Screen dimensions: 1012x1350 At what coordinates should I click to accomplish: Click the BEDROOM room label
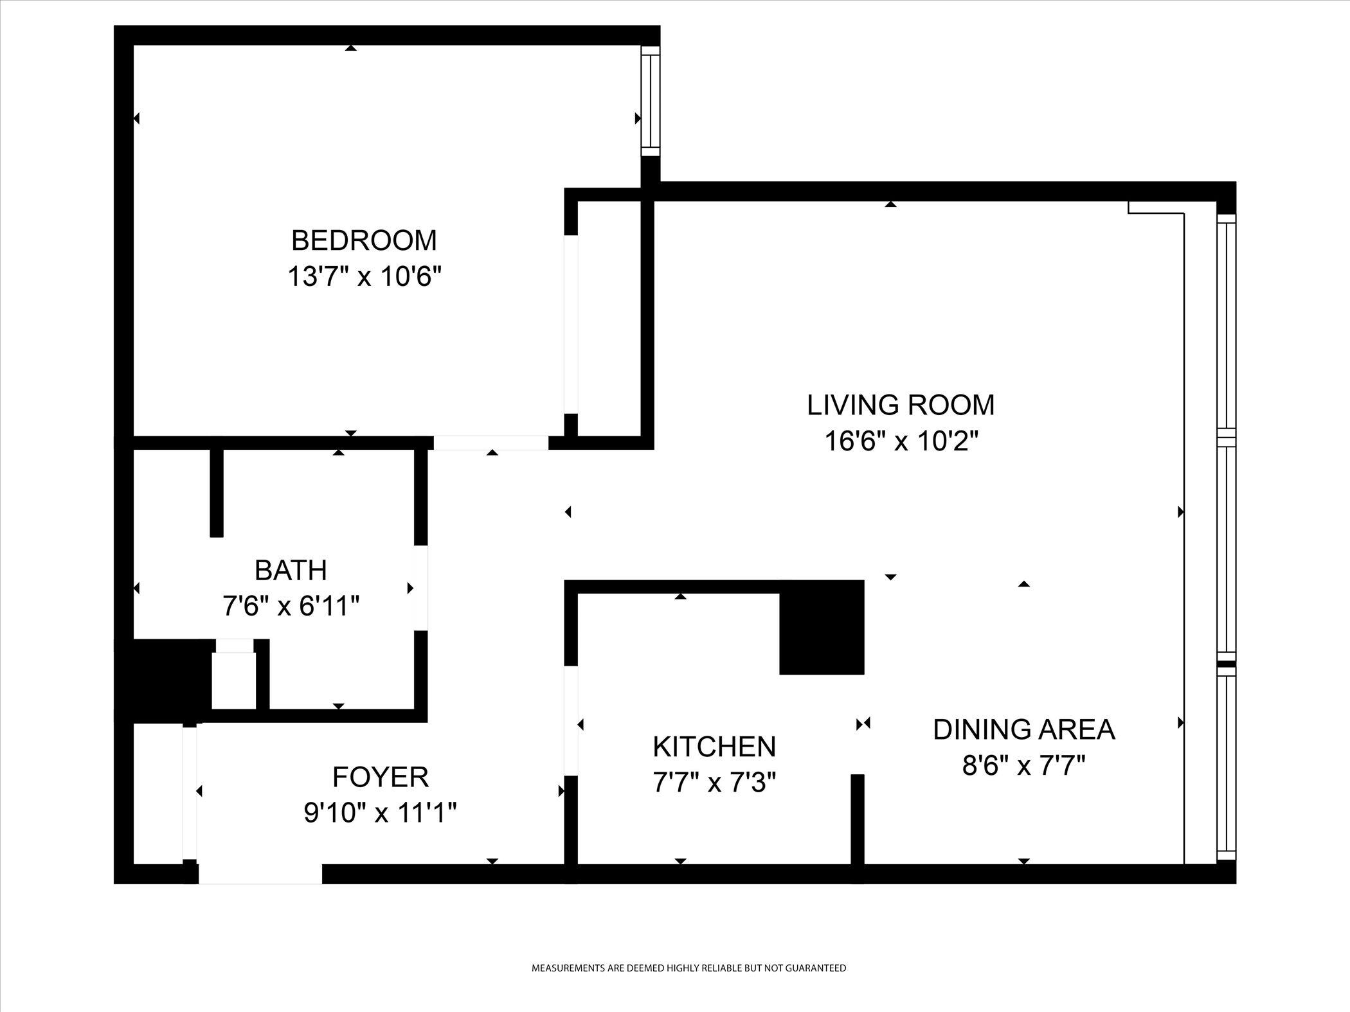click(364, 241)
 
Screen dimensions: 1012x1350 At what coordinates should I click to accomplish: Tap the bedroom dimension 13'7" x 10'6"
click(364, 278)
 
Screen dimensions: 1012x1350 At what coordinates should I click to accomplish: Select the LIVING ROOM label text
click(901, 405)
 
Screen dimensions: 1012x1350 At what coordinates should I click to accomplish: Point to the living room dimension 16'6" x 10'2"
click(901, 442)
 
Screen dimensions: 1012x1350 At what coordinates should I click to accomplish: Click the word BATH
click(291, 571)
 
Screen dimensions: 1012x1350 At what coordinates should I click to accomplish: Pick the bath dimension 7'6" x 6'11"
click(291, 606)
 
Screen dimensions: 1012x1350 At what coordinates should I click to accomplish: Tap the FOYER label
click(380, 777)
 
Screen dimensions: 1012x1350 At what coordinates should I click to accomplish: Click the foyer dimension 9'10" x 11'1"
click(380, 814)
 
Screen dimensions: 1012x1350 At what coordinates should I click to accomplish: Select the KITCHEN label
click(714, 747)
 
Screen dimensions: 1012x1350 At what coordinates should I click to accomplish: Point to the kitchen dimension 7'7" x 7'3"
click(714, 783)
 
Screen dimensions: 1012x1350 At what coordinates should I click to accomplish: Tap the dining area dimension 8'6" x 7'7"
click(1023, 766)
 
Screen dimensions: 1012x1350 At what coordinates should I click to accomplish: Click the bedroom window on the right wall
click(651, 101)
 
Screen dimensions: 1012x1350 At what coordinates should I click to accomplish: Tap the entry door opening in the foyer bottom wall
click(260, 874)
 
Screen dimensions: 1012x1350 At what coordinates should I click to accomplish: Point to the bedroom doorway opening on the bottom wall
click(491, 443)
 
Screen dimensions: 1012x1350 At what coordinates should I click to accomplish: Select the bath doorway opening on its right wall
click(420, 588)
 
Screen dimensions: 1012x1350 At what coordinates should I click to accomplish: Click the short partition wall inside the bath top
click(217, 492)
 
